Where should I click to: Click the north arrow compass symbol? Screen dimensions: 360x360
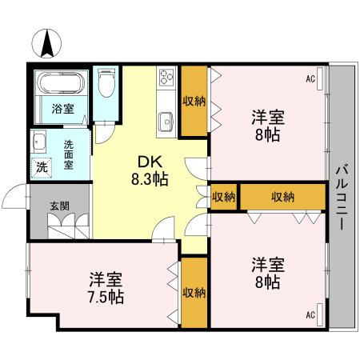(x=47, y=42)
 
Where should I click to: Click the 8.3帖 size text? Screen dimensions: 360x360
(x=150, y=179)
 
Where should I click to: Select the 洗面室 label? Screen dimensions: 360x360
(x=70, y=153)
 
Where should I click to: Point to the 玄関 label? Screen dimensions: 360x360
(x=59, y=206)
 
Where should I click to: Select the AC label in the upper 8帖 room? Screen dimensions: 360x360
(x=310, y=79)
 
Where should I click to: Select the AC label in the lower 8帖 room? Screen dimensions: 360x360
(x=310, y=314)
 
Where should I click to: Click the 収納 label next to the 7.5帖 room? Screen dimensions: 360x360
(x=194, y=293)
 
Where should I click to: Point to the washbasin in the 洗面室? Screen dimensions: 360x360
(x=39, y=142)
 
